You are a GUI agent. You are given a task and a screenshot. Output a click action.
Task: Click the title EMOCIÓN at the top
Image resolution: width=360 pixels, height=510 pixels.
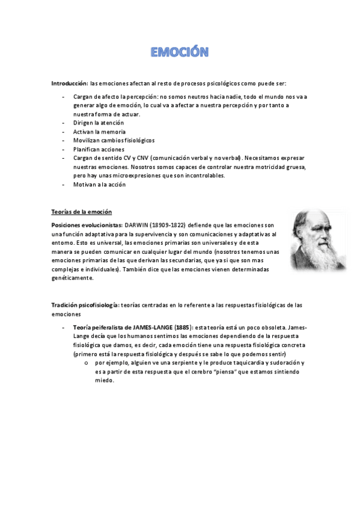click(180, 53)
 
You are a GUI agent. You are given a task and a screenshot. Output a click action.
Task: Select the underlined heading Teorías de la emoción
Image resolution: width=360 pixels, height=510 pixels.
click(81, 212)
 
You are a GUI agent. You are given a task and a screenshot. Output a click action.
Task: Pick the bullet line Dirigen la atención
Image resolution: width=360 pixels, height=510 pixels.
click(99, 123)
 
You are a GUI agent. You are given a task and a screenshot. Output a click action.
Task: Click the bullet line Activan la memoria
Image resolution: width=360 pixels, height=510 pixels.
click(99, 132)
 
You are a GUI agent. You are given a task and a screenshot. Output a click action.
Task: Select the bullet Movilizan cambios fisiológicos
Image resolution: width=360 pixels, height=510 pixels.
click(114, 140)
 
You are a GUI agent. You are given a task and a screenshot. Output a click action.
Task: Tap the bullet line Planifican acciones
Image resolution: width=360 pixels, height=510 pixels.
click(99, 149)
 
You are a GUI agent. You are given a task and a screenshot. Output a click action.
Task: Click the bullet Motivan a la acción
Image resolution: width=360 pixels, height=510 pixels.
click(99, 185)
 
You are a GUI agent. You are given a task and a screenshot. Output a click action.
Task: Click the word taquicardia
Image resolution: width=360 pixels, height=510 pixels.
click(243, 363)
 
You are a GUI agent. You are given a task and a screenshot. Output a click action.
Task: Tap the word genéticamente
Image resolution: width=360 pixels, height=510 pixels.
click(73, 278)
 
